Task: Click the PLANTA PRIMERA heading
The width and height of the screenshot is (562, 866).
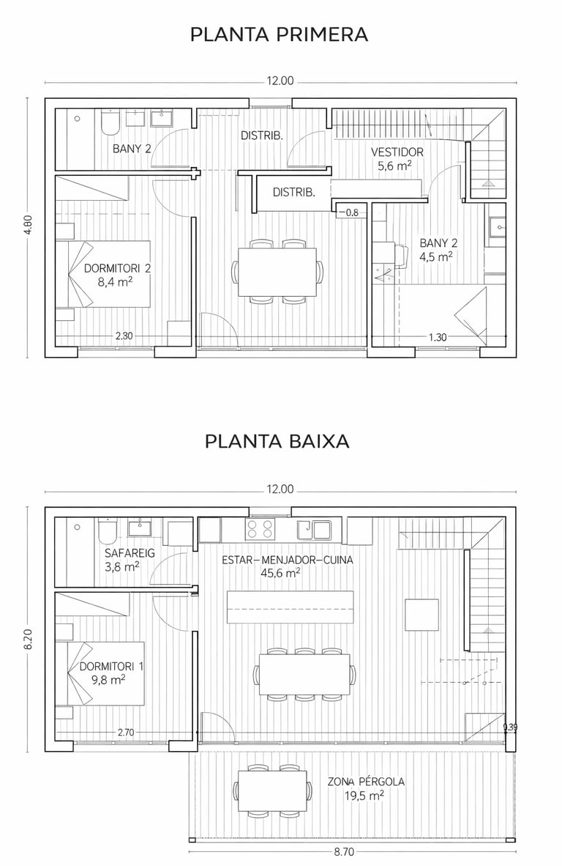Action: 279,34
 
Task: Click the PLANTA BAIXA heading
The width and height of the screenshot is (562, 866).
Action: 277,441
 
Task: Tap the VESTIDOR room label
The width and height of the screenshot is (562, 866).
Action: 397,152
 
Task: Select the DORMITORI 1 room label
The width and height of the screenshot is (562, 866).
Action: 111,666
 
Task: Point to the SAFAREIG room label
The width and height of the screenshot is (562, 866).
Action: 130,553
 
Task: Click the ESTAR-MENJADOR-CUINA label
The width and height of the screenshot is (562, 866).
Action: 288,560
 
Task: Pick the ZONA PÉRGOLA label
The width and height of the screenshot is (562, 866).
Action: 366,782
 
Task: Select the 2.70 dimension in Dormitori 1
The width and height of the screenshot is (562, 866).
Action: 126,733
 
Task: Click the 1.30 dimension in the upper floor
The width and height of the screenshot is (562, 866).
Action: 438,337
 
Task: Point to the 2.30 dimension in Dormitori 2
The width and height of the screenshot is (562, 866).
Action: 124,336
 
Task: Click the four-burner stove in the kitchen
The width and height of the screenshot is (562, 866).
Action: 260,528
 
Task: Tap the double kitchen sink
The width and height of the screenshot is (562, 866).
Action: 313,528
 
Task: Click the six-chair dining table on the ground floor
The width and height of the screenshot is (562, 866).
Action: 304,674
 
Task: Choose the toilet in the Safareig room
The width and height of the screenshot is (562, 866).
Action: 107,532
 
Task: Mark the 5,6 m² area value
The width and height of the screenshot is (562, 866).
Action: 395,165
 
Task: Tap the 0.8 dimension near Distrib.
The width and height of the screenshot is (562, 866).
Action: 352,212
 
